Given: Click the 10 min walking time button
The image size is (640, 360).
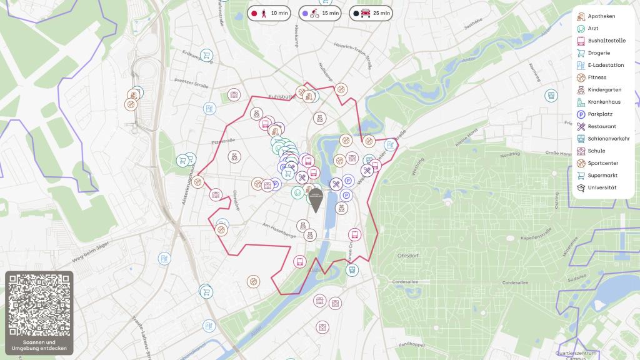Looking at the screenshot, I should coord(269,12).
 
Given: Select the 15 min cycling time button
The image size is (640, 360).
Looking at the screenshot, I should coord(321,12).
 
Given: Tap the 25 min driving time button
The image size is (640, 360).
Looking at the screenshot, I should coord(372,12).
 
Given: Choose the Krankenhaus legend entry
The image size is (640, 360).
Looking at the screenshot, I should coord(604,102).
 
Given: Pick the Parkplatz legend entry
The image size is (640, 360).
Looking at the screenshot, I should coord(599,114).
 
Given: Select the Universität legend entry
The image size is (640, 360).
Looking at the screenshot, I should coord(602,187).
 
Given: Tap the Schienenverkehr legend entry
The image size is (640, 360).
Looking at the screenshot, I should coord(608,139).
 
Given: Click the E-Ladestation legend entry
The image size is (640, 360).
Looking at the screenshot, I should coord(606,65).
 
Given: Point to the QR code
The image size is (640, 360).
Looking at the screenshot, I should coord(39,305).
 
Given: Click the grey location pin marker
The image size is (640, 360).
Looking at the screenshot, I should coord(316,199).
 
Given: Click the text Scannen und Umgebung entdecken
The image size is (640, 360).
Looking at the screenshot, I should coord(39,345).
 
